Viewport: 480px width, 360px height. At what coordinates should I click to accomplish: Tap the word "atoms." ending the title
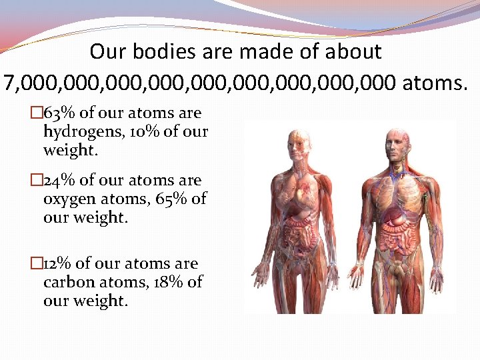coord(435,83)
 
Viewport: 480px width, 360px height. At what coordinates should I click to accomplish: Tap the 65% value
coord(171,199)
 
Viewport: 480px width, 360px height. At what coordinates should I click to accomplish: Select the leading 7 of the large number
coord(9,83)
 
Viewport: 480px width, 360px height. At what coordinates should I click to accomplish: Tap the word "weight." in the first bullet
coord(71,150)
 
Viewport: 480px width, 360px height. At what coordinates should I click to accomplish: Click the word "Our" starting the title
coord(106,52)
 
